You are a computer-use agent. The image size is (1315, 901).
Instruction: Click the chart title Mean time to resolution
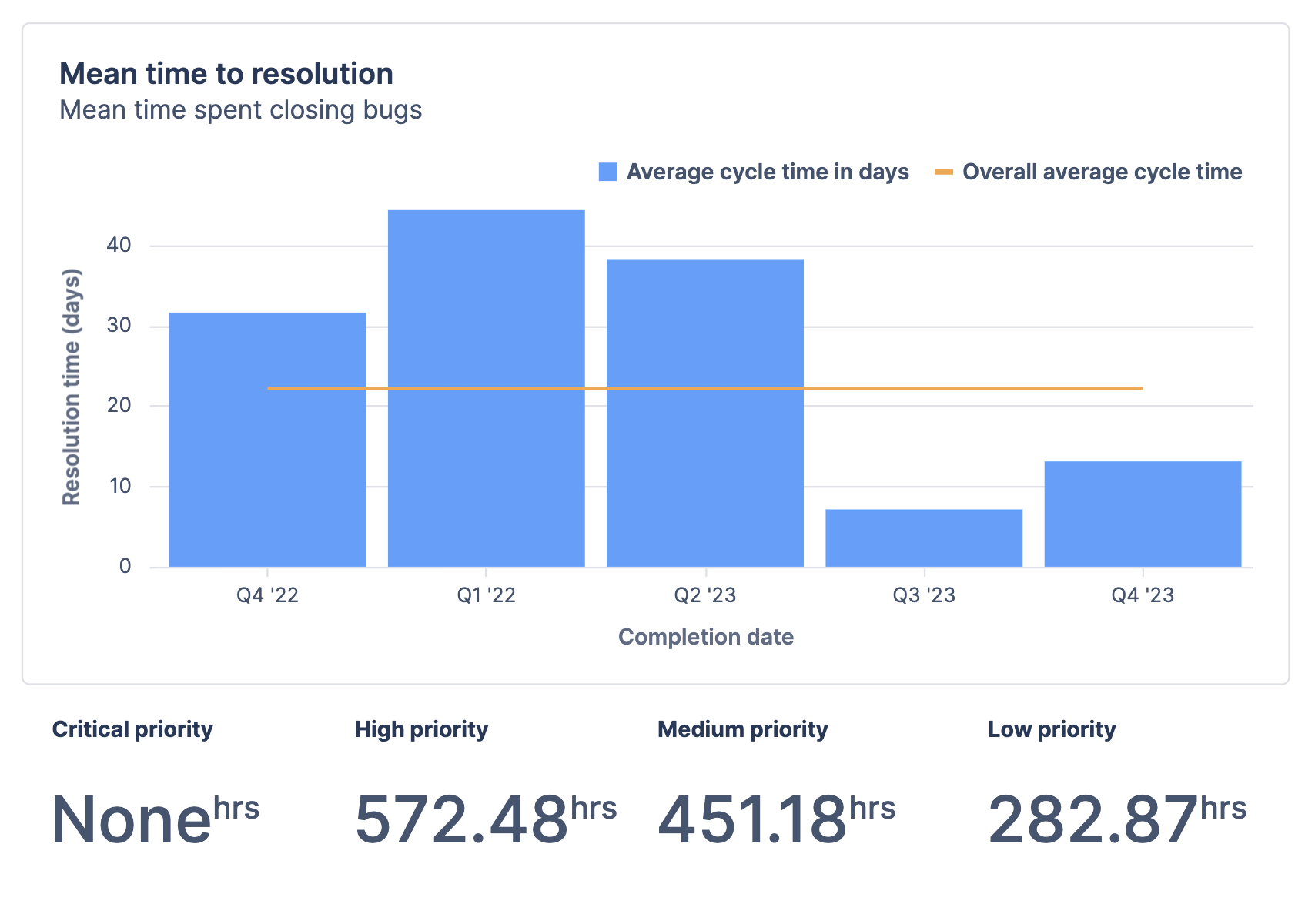click(226, 74)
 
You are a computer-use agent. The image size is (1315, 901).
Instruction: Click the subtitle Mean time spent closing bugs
click(240, 110)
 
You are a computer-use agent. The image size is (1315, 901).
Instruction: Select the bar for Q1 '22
click(486, 388)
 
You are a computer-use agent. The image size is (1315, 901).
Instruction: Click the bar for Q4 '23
click(1142, 514)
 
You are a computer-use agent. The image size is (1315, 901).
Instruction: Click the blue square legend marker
click(607, 172)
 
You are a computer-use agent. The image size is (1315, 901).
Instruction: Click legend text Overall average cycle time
click(1102, 172)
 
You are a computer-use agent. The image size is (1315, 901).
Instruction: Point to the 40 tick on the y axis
click(119, 246)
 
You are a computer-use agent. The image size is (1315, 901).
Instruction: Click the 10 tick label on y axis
click(119, 486)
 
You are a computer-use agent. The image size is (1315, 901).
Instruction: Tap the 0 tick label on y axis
click(125, 567)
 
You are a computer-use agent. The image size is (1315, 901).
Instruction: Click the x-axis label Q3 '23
click(923, 595)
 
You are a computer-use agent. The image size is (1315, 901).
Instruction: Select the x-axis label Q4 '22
click(267, 595)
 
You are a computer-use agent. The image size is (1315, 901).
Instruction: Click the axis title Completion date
click(705, 637)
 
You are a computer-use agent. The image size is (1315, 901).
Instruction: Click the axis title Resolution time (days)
click(71, 387)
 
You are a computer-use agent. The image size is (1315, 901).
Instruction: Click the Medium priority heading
click(742, 729)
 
